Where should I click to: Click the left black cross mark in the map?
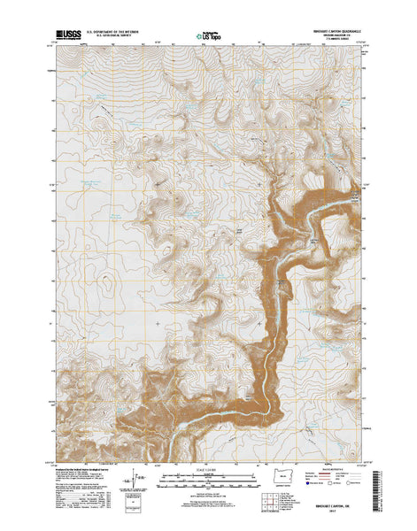158,323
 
